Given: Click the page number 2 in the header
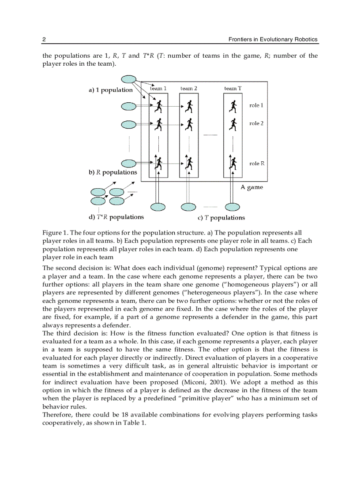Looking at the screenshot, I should pyautogui.click(x=44, y=39).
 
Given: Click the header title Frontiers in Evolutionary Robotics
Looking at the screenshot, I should pyautogui.click(x=273, y=39).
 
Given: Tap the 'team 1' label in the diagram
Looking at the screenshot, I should pyautogui.click(x=158, y=89).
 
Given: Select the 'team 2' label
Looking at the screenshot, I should pyautogui.click(x=188, y=89).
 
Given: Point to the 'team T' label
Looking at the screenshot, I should pyautogui.click(x=232, y=89).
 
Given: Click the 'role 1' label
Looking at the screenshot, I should pyautogui.click(x=256, y=106).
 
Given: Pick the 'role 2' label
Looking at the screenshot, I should pyautogui.click(x=256, y=123).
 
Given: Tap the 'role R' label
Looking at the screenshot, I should pyautogui.click(x=257, y=164).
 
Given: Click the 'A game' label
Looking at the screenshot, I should pyautogui.click(x=251, y=187).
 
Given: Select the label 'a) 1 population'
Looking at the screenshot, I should pyautogui.click(x=110, y=90).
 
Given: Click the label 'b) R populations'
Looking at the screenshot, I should pyautogui.click(x=113, y=172).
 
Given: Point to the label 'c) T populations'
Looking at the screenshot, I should pyautogui.click(x=221, y=218).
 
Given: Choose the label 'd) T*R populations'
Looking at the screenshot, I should pyautogui.click(x=116, y=217).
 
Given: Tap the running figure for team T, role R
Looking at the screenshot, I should pyautogui.click(x=232, y=164).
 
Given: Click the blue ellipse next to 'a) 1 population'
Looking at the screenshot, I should pyautogui.click(x=129, y=79).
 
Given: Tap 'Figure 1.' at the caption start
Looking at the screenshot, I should pyautogui.click(x=55, y=233).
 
